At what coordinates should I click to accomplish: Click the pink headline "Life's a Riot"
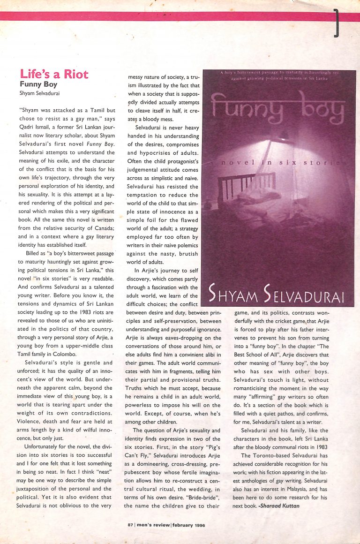pos(54,74)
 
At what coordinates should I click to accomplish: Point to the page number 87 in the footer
pos(130,524)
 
